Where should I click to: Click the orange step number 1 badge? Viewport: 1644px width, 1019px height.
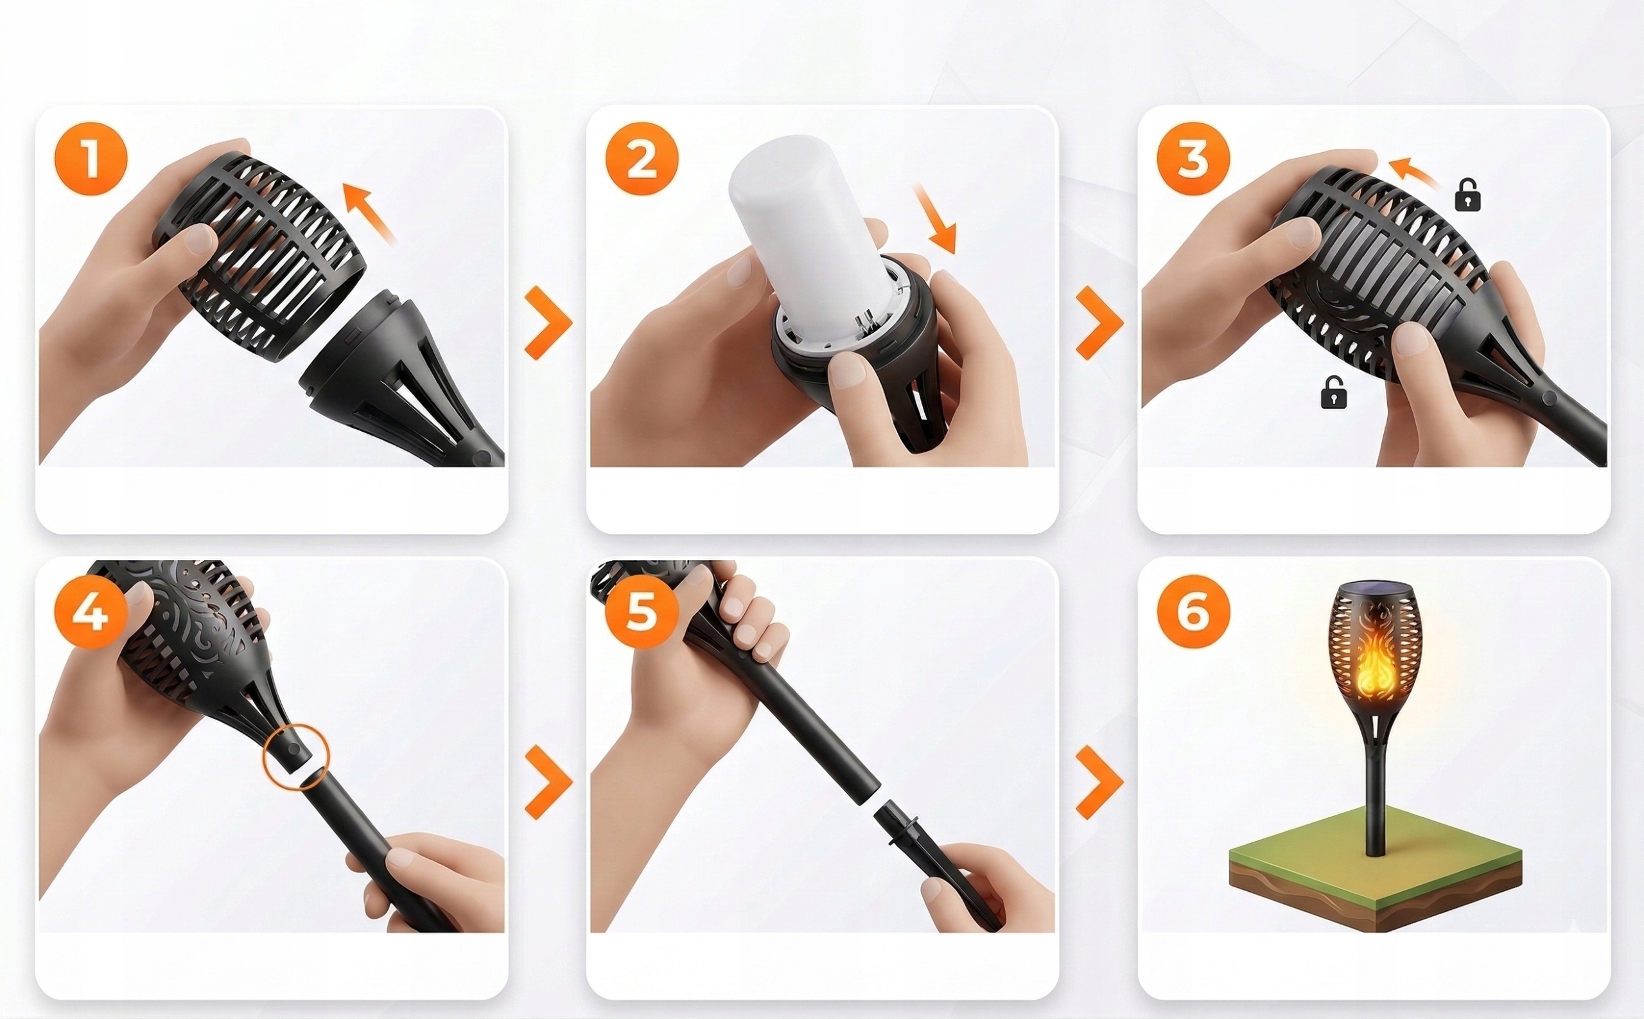pos(91,159)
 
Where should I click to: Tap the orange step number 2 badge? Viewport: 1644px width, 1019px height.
pos(642,159)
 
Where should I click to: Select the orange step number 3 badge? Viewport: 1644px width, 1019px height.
pos(1193,159)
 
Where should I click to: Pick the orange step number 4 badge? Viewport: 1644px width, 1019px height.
pos(91,612)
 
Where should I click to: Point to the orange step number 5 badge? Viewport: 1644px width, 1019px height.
pos(642,612)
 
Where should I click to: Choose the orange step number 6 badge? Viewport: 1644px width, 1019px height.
pos(1193,612)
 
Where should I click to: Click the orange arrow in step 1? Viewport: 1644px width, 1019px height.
pos(369,212)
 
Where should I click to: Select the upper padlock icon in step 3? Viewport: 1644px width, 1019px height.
pos(1467,195)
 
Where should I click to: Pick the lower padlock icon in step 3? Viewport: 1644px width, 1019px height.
pos(1334,392)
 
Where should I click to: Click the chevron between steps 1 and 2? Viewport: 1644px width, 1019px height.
pos(548,322)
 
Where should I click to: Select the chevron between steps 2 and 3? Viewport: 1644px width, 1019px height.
pos(1099,322)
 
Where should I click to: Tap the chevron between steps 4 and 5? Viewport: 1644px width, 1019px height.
pos(548,782)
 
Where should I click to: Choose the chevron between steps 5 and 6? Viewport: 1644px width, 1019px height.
pos(1099,782)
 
